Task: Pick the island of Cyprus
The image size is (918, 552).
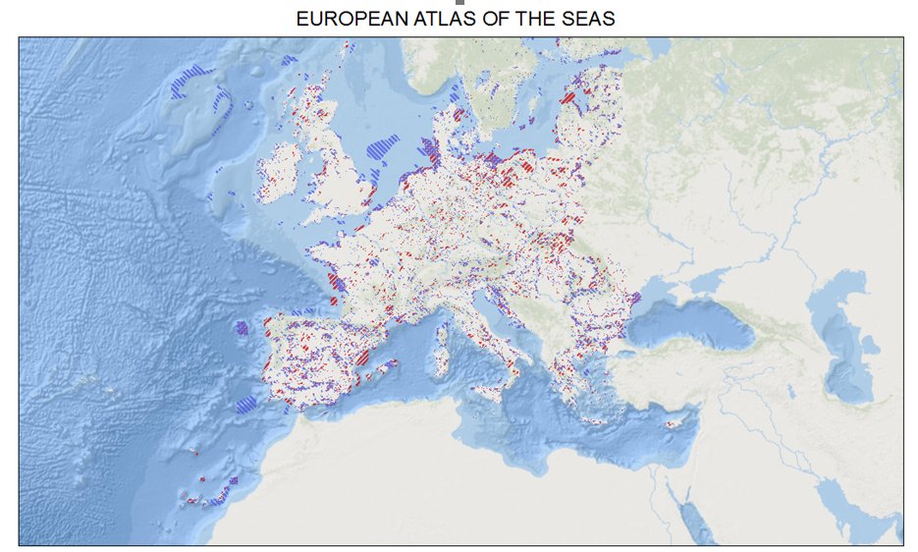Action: [675, 423]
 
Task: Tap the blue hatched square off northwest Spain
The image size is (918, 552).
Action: [242, 327]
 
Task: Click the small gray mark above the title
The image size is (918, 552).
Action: [459, 3]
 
